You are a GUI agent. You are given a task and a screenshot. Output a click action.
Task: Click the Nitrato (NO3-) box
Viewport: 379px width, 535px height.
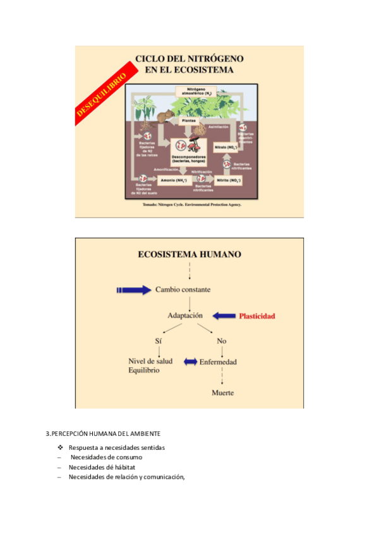coord(225,147)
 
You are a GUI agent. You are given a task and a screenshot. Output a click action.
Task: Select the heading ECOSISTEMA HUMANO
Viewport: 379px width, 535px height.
coord(189,255)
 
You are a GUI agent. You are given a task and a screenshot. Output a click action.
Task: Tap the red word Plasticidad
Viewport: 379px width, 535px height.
coord(256,315)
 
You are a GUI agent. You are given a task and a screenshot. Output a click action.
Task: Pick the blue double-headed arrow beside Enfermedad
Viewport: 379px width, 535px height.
coord(190,362)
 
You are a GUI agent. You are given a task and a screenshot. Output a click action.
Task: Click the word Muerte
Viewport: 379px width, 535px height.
coord(222,392)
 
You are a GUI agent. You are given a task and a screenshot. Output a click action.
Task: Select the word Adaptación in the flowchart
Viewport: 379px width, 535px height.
coord(185,315)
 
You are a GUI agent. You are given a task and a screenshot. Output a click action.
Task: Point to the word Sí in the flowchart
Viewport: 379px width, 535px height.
coord(159,341)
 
